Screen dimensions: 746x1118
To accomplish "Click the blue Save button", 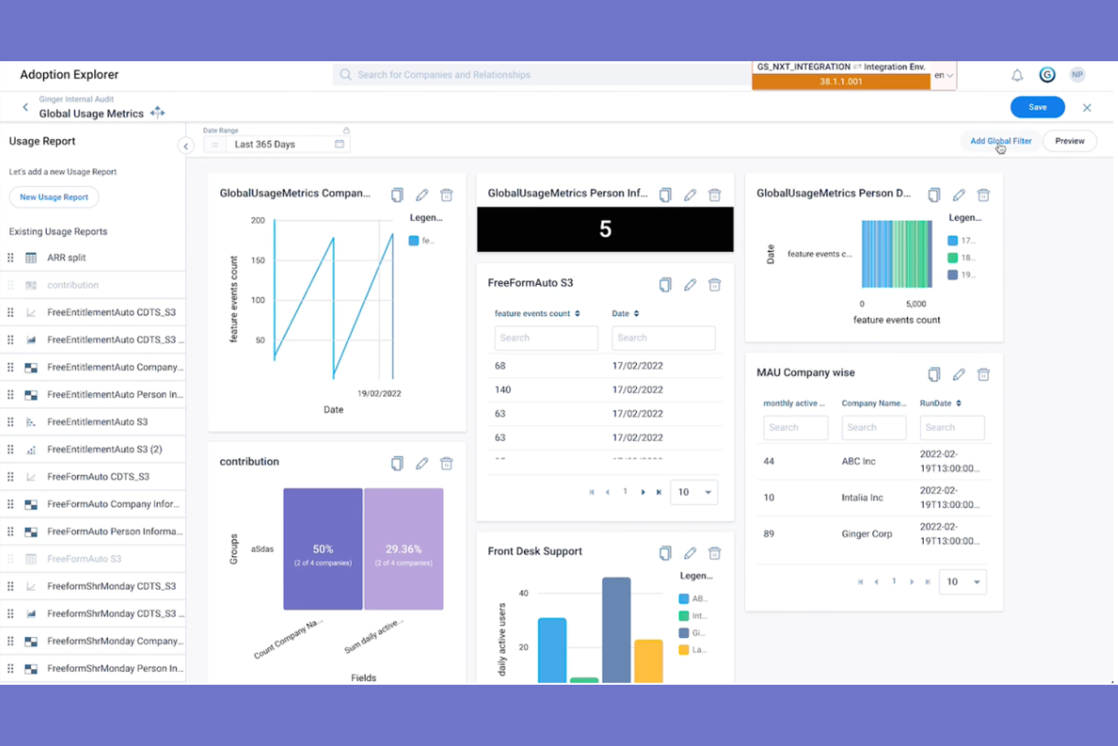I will (x=1037, y=107).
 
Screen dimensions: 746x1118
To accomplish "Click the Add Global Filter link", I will (x=1000, y=141).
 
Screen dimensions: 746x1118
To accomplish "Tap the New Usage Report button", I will (x=54, y=197).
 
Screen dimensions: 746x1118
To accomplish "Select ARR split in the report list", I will (x=66, y=258).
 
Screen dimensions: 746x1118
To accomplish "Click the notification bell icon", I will (x=1017, y=75).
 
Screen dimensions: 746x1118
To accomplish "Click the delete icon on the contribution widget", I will (x=446, y=463).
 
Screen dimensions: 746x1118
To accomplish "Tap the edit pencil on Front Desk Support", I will (x=690, y=553).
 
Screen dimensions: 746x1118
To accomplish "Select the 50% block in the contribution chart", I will (x=323, y=549).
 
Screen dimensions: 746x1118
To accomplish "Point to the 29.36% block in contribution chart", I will (x=403, y=549).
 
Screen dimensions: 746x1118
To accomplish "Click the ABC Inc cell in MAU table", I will (x=858, y=461).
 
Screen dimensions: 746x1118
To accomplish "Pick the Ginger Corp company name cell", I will (x=866, y=534).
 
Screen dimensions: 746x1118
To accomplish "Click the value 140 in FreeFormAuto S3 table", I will (x=503, y=390).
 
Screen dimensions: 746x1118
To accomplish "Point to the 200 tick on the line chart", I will (x=258, y=221).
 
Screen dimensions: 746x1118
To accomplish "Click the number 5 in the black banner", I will (x=605, y=229).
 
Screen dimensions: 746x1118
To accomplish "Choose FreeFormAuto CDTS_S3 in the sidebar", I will (x=98, y=477).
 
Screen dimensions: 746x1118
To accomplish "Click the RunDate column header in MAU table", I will (x=936, y=404).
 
